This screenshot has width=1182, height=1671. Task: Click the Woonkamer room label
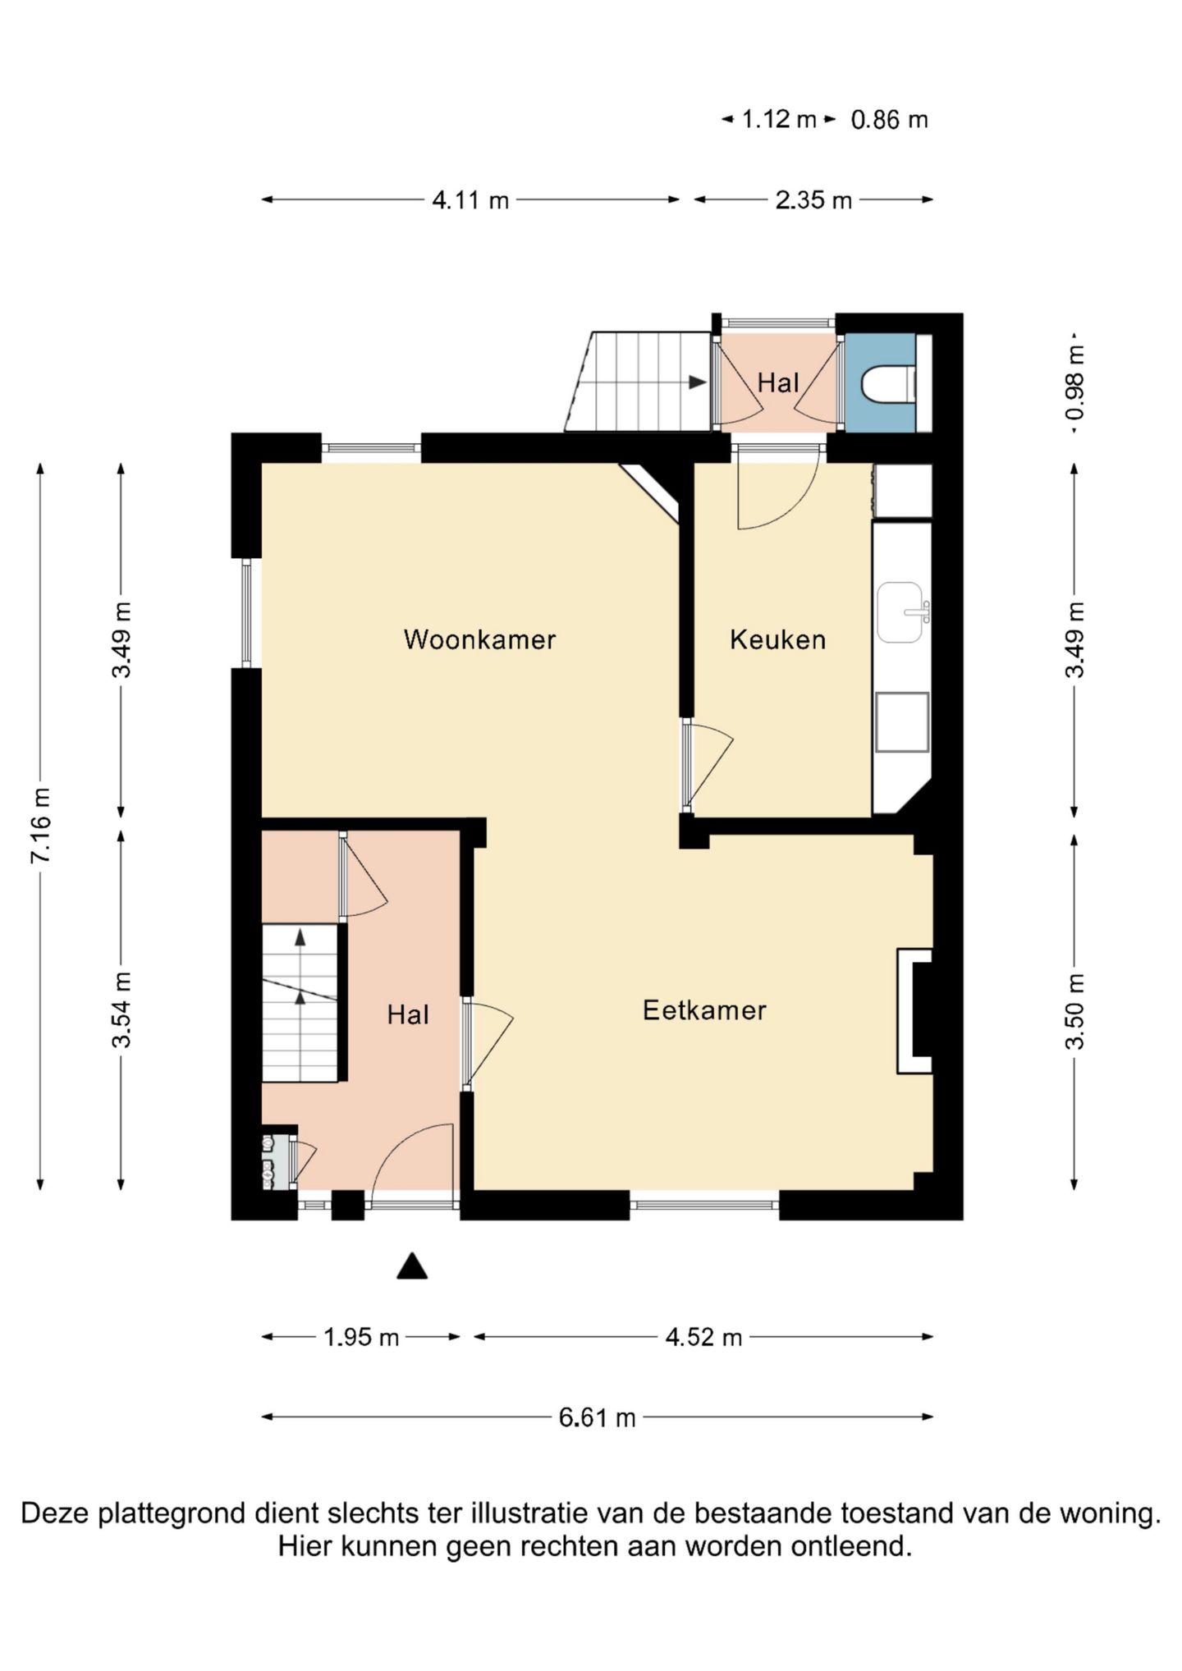coord(479,639)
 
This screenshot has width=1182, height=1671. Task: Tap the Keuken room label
coord(777,639)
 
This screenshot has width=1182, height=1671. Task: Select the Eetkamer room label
coord(704,1009)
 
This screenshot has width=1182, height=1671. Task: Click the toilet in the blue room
coord(888,384)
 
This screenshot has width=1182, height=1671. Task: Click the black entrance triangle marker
coord(412,1266)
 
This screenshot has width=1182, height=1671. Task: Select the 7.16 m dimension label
coord(41,825)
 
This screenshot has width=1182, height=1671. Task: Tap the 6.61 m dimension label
coord(597,1417)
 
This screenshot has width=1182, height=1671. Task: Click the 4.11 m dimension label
coord(470,199)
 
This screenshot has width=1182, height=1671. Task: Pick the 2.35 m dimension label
coord(813,199)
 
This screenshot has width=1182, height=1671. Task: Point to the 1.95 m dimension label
coord(361,1337)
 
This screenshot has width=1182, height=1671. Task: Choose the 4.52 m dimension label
coord(703,1337)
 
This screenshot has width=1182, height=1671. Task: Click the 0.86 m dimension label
coord(889,120)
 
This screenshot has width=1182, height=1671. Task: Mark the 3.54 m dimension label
coord(121,1009)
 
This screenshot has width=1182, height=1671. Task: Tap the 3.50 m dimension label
coord(1074,1010)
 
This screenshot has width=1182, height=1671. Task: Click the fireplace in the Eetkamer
coord(914,1010)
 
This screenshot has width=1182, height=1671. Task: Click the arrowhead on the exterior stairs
coord(698,382)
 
